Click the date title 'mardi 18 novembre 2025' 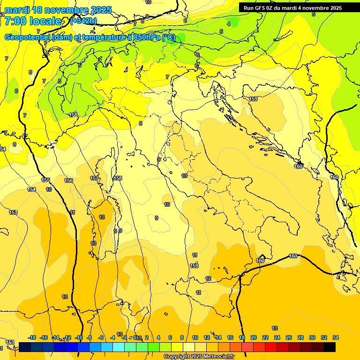(x=58, y=10)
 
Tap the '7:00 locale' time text (x=33, y=21)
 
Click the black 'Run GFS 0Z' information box (x=292, y=7)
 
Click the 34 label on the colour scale (x=336, y=337)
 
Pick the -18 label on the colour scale (x=32, y=337)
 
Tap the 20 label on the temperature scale (x=254, y=337)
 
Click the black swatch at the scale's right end (x=330, y=347)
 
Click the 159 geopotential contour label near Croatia (x=253, y=99)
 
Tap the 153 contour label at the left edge (x=13, y=212)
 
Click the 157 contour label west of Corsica (x=94, y=178)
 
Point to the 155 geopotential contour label (x=45, y=180)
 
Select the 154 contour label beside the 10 (x=31, y=189)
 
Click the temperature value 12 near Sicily (x=208, y=278)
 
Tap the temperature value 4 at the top (x=229, y=23)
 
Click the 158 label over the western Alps (x=73, y=115)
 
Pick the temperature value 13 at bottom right (x=275, y=328)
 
